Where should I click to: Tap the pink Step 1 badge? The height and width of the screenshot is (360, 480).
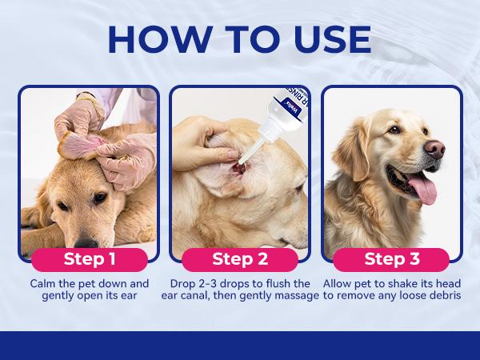click(89, 259)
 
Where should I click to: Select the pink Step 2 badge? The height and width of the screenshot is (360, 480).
click(240, 259)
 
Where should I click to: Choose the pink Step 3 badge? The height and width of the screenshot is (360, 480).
click(391, 259)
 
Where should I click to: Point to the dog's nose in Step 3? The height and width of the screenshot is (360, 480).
click(434, 148)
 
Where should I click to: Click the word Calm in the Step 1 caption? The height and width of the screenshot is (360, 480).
click(45, 284)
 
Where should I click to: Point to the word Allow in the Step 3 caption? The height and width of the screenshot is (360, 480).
click(338, 284)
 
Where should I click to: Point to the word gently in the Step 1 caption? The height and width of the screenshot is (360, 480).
click(61, 296)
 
